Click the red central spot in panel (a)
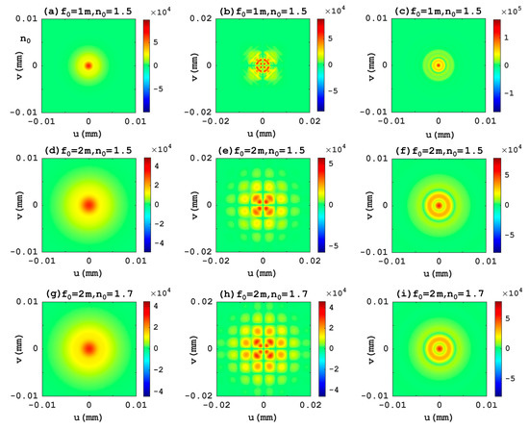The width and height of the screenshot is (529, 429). coord(88,65)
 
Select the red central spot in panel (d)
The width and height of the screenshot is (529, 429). coord(88,205)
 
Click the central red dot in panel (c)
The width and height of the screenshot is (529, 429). coord(439,65)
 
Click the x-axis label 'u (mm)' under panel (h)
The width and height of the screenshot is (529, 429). coord(263,420)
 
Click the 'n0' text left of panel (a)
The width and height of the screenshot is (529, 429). coord(15,41)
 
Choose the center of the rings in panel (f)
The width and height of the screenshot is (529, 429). coord(439,205)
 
